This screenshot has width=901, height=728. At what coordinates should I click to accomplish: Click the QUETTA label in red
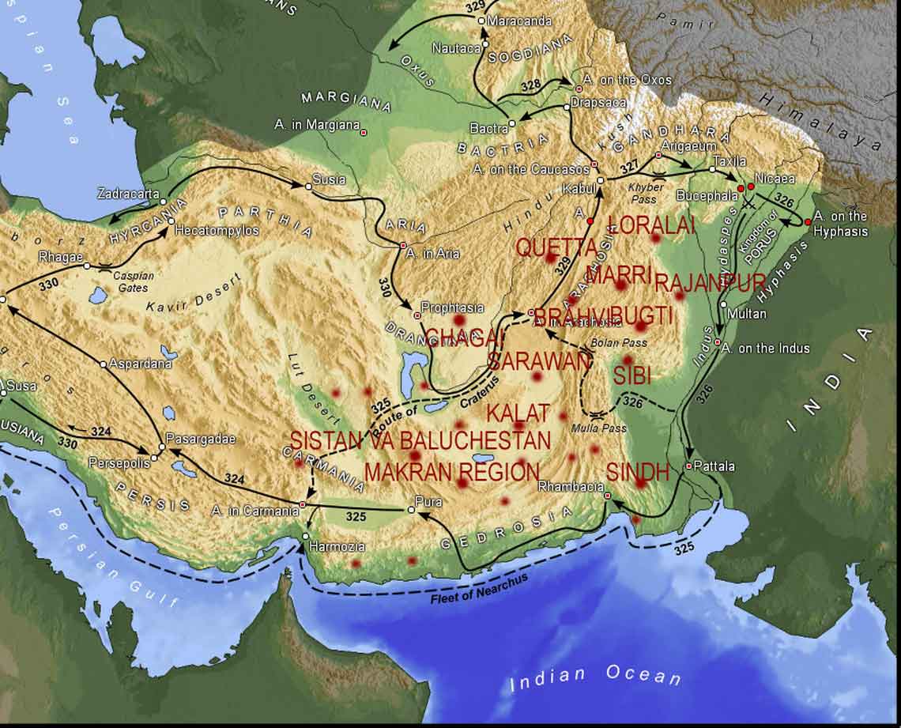(557, 247)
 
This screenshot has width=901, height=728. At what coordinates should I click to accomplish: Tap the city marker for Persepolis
(154, 458)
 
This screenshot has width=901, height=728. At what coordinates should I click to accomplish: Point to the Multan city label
(748, 314)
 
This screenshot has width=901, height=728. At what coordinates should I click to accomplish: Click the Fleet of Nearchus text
(479, 588)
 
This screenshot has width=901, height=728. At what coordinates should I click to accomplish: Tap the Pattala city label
(714, 466)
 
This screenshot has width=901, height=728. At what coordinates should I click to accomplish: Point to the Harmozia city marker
(306, 537)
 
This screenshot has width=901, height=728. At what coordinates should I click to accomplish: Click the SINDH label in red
(638, 473)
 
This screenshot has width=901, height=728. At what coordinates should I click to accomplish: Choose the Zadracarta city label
(128, 193)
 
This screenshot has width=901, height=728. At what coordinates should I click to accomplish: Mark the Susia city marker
(308, 187)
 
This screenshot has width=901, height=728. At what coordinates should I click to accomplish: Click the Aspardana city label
(141, 364)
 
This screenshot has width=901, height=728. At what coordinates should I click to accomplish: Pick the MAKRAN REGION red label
(451, 473)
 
